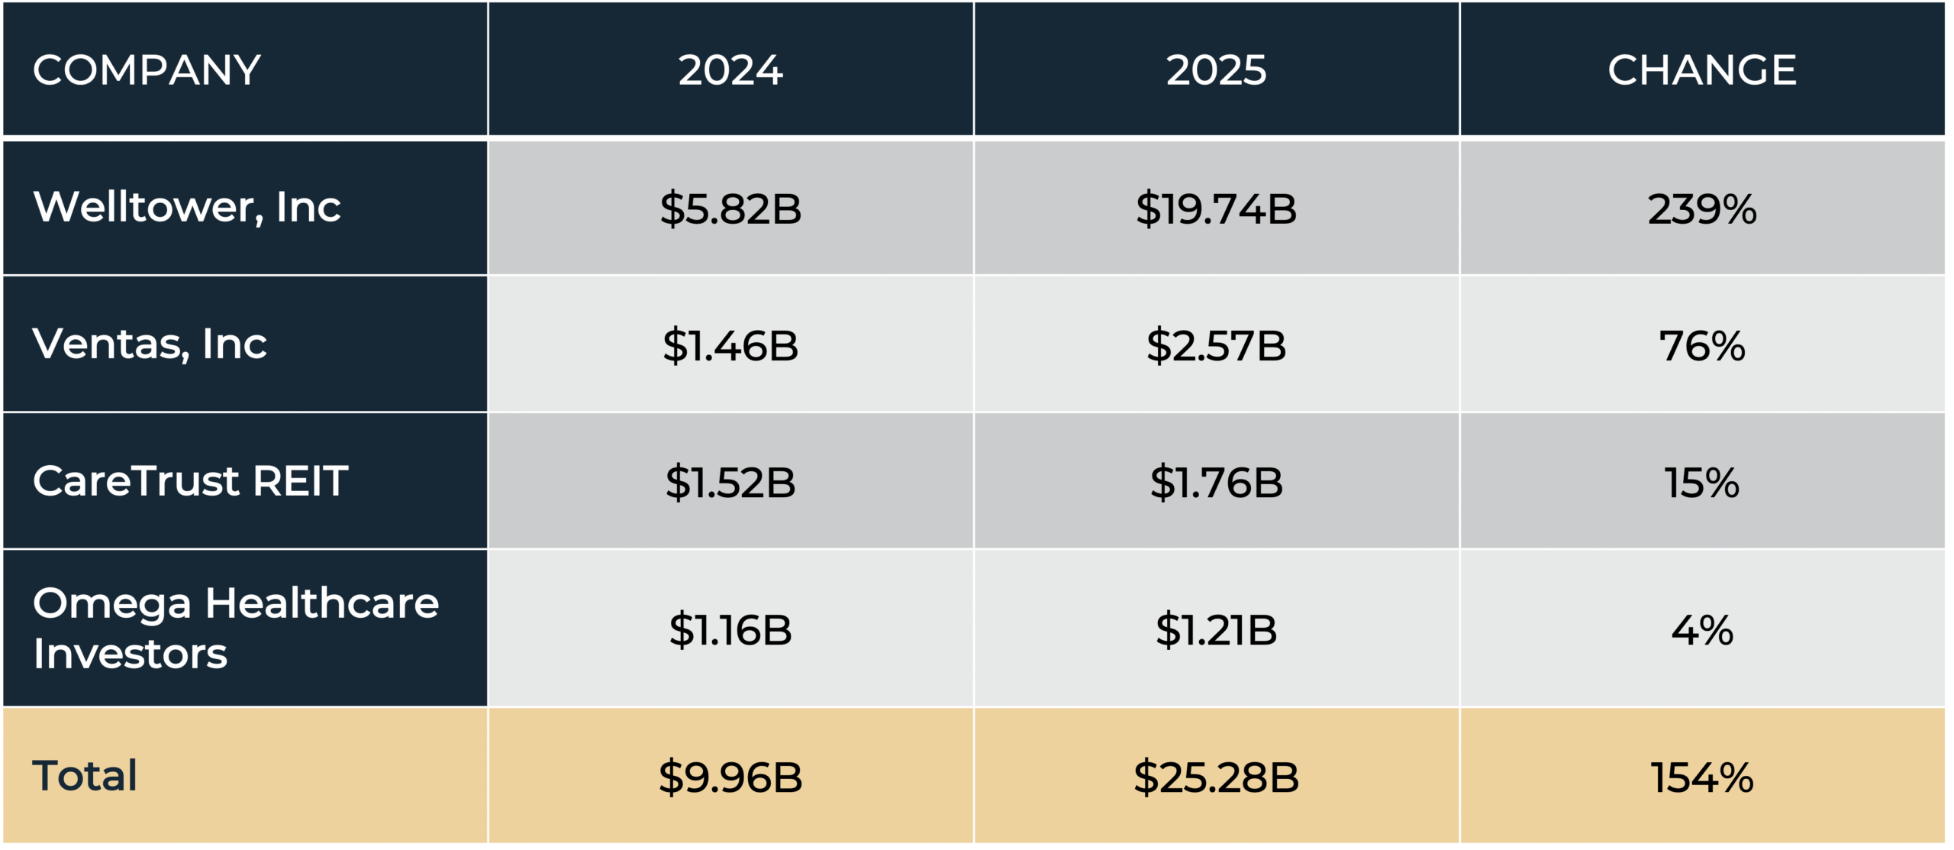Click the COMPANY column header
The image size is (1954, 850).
[x=147, y=70]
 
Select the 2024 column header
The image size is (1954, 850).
[x=730, y=70]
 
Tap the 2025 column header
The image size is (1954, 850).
[x=1216, y=70]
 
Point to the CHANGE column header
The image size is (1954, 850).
[x=1702, y=70]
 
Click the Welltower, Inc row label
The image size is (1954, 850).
[x=187, y=207]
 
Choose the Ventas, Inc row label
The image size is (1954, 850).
[x=150, y=344]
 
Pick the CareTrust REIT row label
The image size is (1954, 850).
[x=190, y=481]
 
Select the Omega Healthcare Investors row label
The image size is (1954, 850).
[x=235, y=628]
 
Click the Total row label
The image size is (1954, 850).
[x=85, y=776]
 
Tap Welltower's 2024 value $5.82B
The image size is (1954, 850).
[x=730, y=208]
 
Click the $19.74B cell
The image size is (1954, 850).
[x=1216, y=208]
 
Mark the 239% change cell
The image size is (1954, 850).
[x=1702, y=208]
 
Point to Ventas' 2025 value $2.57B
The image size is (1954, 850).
[x=1216, y=345]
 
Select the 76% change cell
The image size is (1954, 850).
[x=1702, y=345]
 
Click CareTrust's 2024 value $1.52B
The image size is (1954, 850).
[x=730, y=482]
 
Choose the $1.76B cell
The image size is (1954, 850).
[x=1216, y=482]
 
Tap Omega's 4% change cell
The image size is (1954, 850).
[x=1702, y=630]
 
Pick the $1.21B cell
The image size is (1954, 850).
[x=1216, y=630]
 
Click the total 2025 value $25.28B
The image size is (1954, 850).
[x=1216, y=777]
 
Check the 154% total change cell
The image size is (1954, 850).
[x=1702, y=777]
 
